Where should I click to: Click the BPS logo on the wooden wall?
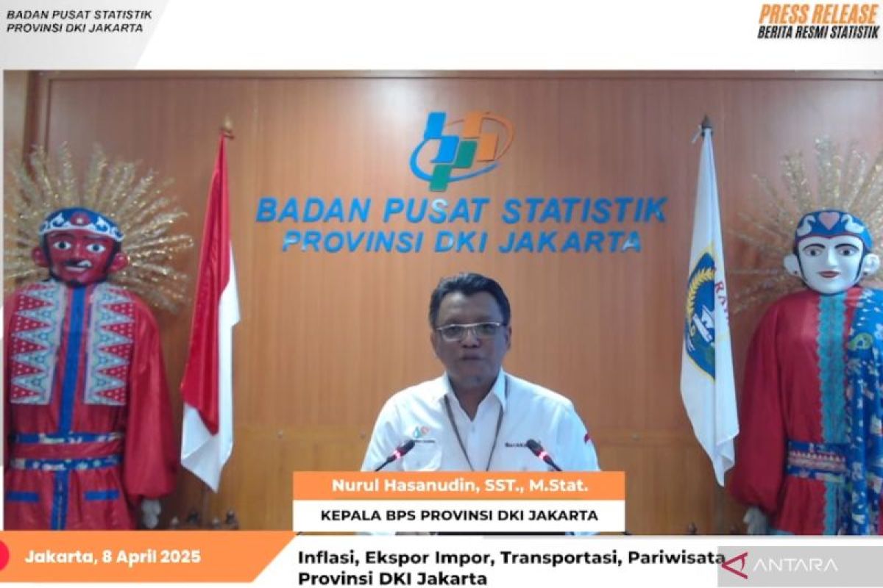(x=461, y=150)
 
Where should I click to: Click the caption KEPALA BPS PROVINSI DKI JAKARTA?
(x=459, y=515)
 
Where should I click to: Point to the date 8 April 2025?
(x=151, y=557)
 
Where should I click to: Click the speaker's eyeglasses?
(x=470, y=330)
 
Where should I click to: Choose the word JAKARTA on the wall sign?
(x=570, y=241)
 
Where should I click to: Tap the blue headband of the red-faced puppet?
(x=82, y=223)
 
